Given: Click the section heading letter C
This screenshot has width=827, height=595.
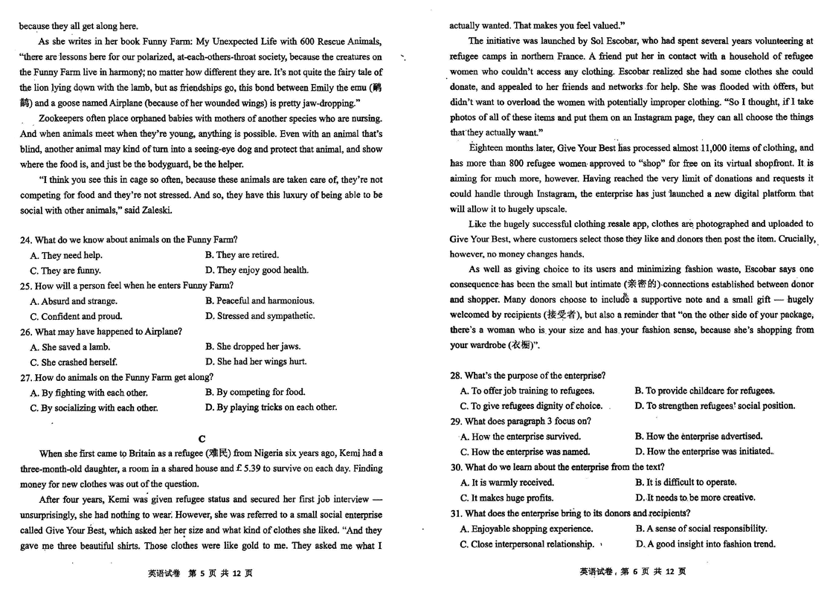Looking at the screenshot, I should pyautogui.click(x=202, y=438).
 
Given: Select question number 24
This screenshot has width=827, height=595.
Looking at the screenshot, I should pyautogui.click(x=25, y=239).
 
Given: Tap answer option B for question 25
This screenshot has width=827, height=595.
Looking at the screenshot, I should pyautogui.click(x=260, y=300).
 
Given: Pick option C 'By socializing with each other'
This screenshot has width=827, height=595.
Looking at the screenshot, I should pyautogui.click(x=94, y=408).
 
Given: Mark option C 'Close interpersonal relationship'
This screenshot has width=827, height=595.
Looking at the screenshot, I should pyautogui.click(x=527, y=544).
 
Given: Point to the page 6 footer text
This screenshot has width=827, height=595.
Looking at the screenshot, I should pyautogui.click(x=632, y=572).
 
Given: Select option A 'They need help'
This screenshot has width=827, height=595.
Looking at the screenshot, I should pyautogui.click(x=65, y=255).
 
